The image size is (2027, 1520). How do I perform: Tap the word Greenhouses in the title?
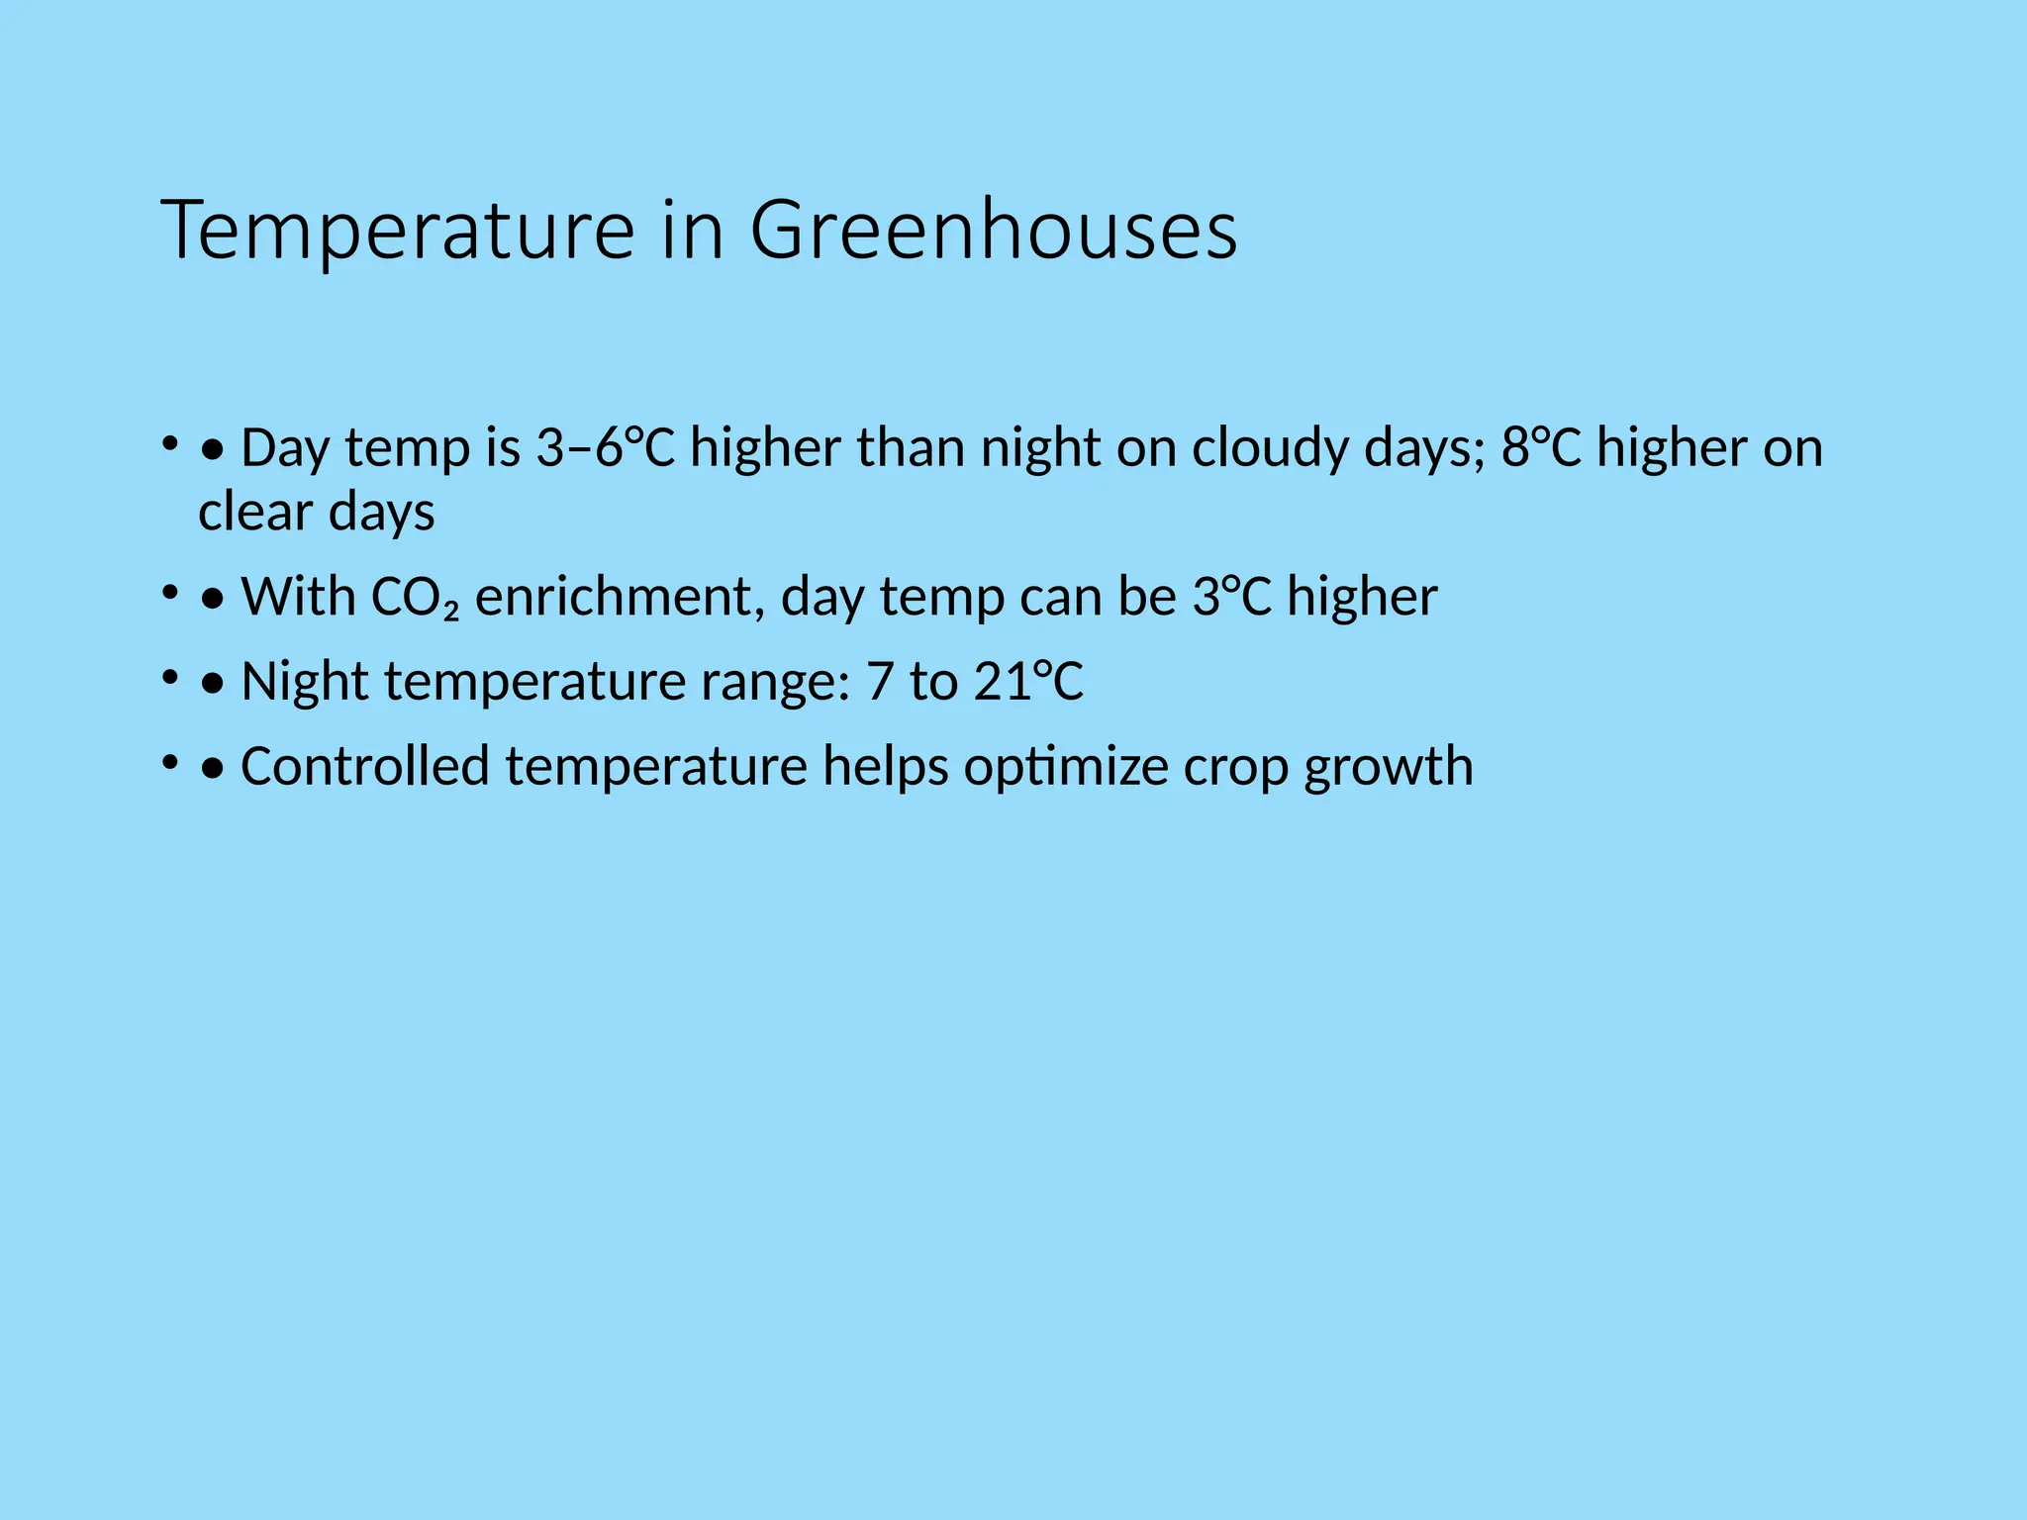coord(993,232)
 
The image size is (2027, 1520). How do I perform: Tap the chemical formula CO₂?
coord(414,598)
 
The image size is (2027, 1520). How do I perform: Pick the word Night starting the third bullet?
coord(305,683)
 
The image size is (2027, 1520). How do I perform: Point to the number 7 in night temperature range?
coord(879,683)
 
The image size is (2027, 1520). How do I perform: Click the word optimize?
coord(1066,768)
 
